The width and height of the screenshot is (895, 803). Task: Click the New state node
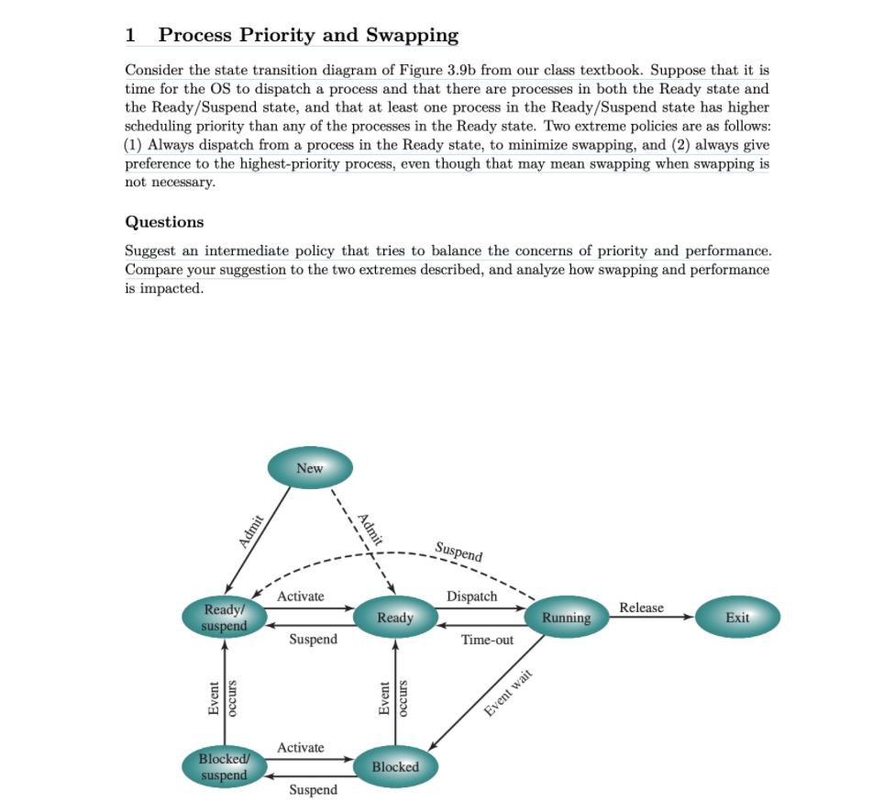[x=310, y=468]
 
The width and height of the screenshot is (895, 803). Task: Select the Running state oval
[x=566, y=618]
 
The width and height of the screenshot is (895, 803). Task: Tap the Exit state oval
[x=737, y=618]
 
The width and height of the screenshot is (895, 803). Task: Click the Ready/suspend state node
[x=226, y=618]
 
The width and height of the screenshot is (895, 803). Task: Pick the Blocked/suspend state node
[x=225, y=767]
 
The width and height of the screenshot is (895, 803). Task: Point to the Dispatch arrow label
[x=471, y=597]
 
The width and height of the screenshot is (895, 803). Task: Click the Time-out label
[x=487, y=640]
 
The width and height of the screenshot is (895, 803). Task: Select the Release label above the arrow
[x=641, y=608]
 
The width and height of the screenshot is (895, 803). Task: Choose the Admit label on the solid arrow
[x=251, y=530]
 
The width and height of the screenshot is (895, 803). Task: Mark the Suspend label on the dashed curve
[x=459, y=552]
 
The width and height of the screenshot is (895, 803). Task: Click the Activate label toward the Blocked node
[x=301, y=747]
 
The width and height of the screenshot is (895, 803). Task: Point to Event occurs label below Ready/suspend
[x=223, y=697]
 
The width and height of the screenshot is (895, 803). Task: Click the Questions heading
[x=164, y=222]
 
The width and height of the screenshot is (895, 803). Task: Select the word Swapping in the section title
[x=412, y=36]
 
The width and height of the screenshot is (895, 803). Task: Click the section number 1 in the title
[x=130, y=36]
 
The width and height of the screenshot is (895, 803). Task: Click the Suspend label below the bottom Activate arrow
[x=313, y=789]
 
